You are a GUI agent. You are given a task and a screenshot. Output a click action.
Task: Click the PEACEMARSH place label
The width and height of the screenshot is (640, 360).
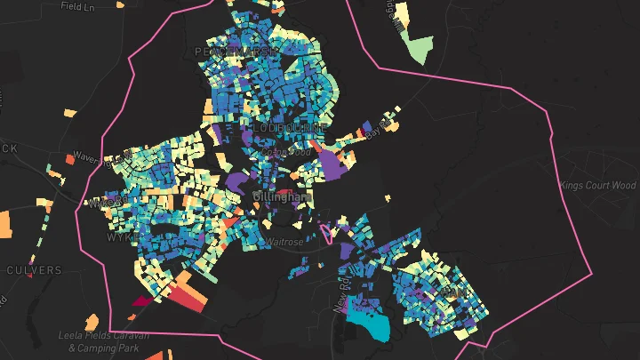click(x=230, y=52)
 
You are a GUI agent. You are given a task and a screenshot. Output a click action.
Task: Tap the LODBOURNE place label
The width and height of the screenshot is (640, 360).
click(x=289, y=128)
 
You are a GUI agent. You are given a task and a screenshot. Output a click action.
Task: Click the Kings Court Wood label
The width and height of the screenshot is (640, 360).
click(x=598, y=185)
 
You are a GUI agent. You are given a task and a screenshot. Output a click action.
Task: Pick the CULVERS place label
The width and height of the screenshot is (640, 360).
click(x=34, y=269)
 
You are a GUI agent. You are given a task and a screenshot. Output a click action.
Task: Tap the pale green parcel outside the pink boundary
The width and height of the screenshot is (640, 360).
click(x=418, y=51)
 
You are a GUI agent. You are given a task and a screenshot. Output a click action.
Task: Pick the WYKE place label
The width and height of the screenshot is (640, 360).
click(x=118, y=238)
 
